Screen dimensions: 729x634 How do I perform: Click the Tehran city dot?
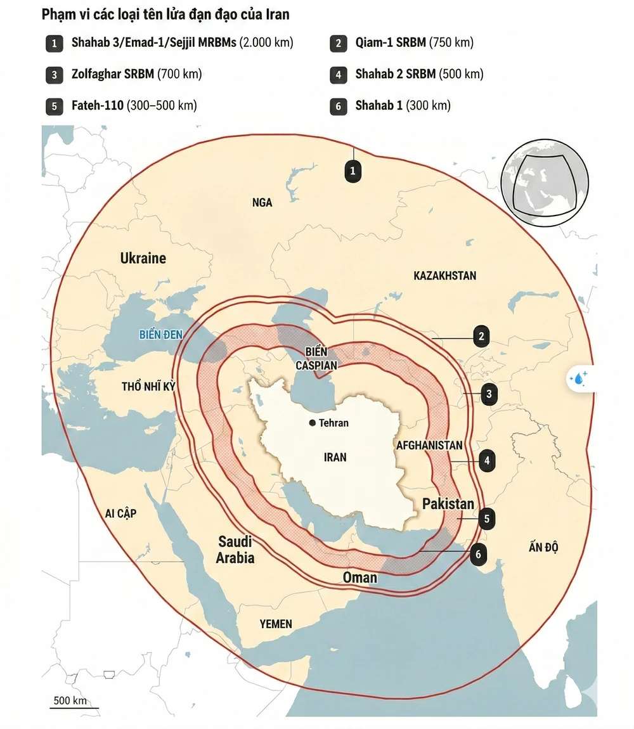(x=312, y=423)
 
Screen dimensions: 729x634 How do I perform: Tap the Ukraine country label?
(x=143, y=258)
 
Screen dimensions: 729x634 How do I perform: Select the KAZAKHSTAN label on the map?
(x=444, y=276)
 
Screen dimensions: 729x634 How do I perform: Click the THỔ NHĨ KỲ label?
(x=148, y=386)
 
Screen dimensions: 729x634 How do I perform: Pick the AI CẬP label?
(x=121, y=513)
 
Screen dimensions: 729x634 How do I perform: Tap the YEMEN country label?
(x=276, y=624)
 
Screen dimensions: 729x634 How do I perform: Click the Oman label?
(x=359, y=577)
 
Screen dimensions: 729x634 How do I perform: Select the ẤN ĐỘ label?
(x=543, y=547)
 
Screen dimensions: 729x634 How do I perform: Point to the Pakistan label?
(x=448, y=503)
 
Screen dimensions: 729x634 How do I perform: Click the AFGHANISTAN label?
(x=429, y=445)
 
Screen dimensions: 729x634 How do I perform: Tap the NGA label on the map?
(x=262, y=202)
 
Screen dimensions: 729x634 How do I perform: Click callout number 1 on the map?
(x=353, y=170)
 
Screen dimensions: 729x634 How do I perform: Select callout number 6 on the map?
(x=478, y=554)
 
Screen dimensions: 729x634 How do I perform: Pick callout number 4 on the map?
(x=487, y=461)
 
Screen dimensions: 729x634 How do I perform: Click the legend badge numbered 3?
(x=54, y=74)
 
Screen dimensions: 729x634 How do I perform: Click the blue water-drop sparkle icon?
(x=579, y=378)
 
